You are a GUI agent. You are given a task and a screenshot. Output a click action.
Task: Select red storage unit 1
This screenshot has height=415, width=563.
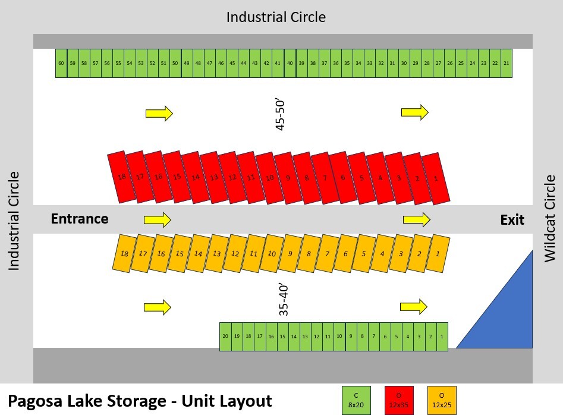pos(437,178)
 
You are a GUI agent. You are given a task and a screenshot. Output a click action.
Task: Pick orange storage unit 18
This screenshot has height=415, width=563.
pos(125,253)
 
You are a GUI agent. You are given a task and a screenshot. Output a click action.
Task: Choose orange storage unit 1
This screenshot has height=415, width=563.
pos(438,253)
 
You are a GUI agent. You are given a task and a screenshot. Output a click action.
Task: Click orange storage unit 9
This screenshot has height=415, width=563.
pos(290,253)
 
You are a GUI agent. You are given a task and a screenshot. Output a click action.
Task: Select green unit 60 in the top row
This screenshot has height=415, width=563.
pos(61,63)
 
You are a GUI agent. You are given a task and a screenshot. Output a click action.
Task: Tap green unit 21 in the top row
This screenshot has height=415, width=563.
pos(506,63)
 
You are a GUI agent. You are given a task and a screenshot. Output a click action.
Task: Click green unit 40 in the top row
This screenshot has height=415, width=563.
pos(290,63)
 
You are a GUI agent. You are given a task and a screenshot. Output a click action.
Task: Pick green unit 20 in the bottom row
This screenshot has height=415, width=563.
pos(225,337)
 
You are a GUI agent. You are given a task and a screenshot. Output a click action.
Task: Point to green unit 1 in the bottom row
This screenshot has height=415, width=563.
pos(442,337)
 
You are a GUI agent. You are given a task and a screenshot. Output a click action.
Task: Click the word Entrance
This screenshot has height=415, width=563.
pos(80,219)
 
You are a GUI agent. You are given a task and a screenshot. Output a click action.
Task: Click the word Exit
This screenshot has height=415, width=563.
pos(512,220)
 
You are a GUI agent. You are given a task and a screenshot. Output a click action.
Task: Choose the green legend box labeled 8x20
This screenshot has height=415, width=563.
pos(356,399)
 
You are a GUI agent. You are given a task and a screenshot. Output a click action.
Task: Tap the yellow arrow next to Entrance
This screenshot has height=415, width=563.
pos(158,220)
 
